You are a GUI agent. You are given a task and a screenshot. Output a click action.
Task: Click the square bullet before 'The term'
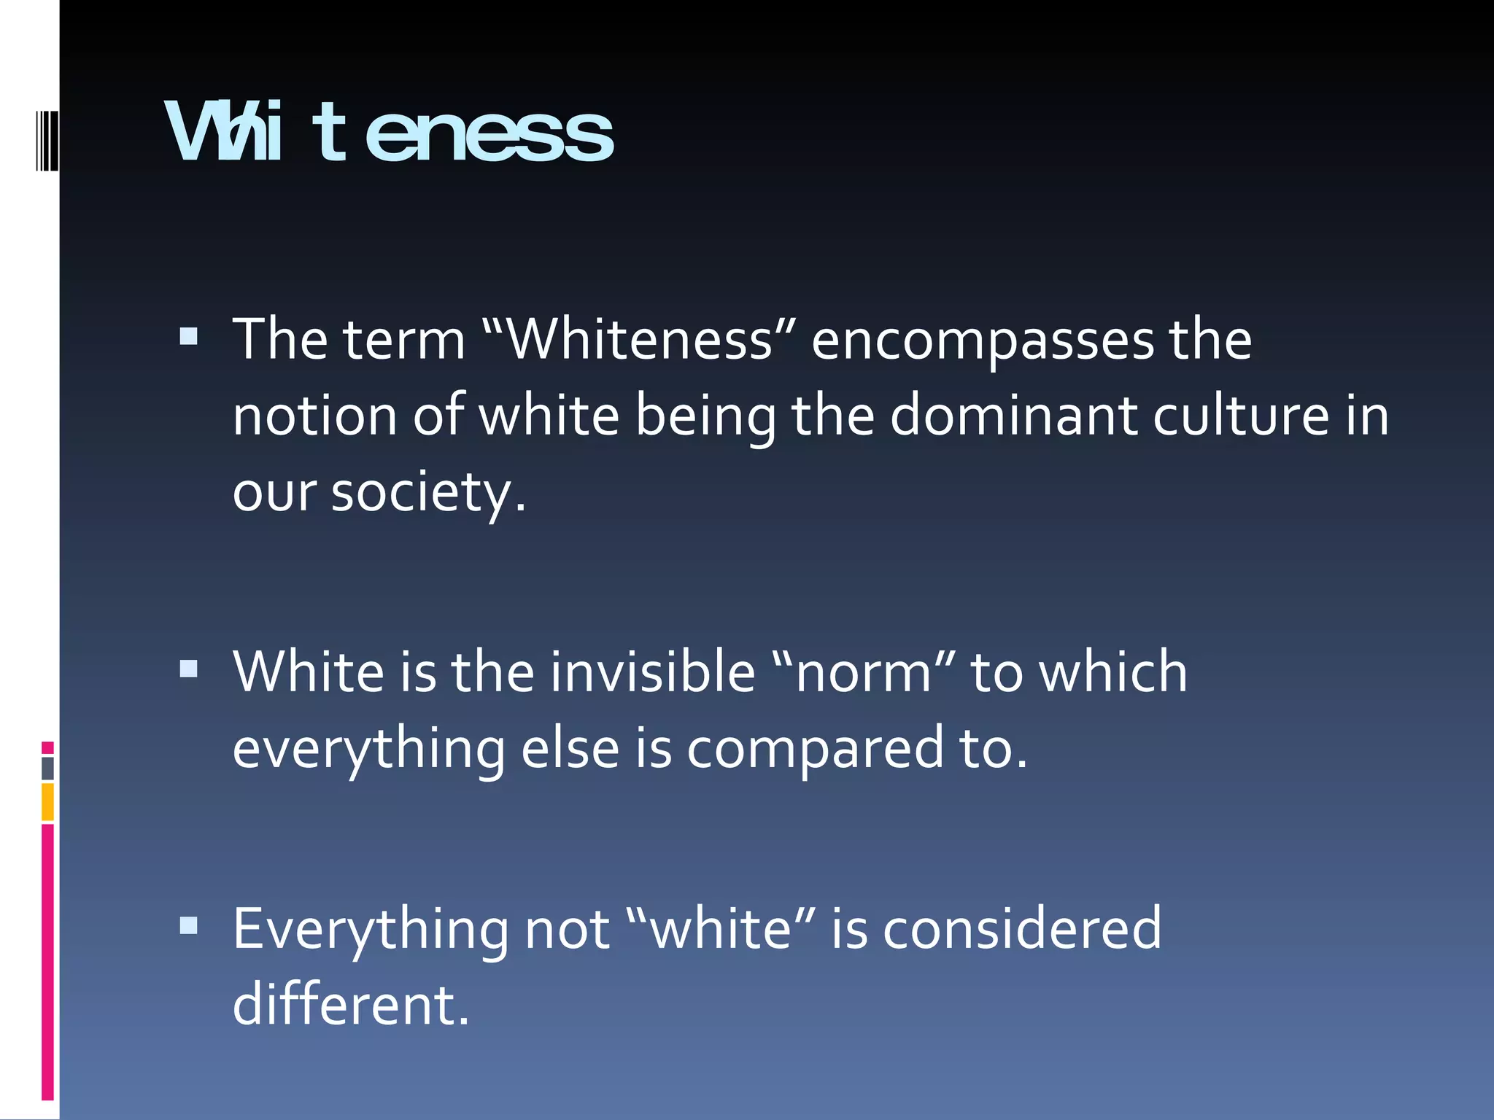pyautogui.click(x=188, y=336)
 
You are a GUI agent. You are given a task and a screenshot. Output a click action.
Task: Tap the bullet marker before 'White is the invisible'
pyautogui.click(x=188, y=669)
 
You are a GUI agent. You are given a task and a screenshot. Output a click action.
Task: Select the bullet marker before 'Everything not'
pyautogui.click(x=188, y=925)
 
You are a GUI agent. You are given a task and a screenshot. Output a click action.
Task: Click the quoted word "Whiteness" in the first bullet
pyautogui.click(x=638, y=340)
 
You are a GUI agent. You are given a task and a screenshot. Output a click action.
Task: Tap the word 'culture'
pyautogui.click(x=1241, y=416)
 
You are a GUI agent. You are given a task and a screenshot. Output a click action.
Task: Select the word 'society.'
pyautogui.click(x=428, y=493)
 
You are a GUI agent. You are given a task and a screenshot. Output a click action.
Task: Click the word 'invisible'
pyautogui.click(x=652, y=672)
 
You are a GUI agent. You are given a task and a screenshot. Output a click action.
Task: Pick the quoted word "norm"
pyautogui.click(x=863, y=672)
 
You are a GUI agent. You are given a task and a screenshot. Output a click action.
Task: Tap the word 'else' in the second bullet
pyautogui.click(x=570, y=749)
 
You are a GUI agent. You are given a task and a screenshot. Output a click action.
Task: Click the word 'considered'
pyautogui.click(x=1022, y=929)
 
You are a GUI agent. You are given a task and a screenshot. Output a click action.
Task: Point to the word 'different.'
pyautogui.click(x=351, y=1005)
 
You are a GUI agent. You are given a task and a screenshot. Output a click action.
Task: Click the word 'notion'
pyautogui.click(x=314, y=416)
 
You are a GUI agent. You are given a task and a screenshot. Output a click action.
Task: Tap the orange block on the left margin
pyautogui.click(x=47, y=802)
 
